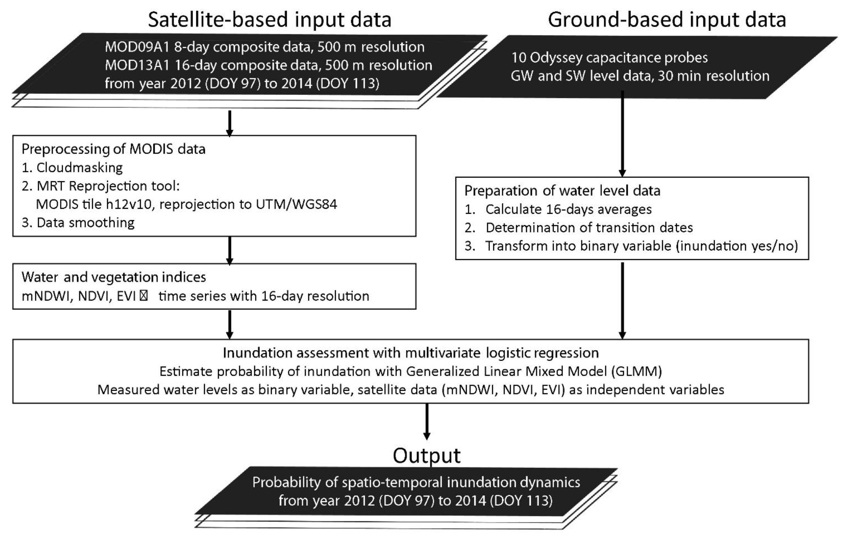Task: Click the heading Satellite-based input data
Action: [x=269, y=20]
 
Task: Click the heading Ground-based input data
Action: [x=666, y=20]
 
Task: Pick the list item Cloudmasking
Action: [x=80, y=168]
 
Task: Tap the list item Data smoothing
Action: [x=85, y=223]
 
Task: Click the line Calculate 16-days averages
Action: [x=568, y=209]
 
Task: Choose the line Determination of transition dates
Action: [x=589, y=228]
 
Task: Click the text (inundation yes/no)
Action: [x=737, y=246]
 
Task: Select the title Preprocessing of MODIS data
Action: [x=113, y=149]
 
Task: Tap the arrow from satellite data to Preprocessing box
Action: [x=230, y=123]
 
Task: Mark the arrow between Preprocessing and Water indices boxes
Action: [x=230, y=251]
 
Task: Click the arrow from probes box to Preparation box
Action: [x=622, y=134]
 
